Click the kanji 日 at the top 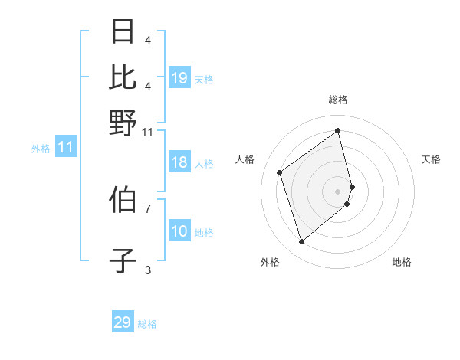(123, 32)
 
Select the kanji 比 (123, 77)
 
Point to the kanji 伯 (123, 201)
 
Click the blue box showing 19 (179, 78)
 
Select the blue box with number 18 (179, 162)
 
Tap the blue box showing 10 (179, 231)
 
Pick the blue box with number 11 (65, 148)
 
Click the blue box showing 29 (123, 322)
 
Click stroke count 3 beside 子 (147, 270)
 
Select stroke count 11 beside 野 (147, 132)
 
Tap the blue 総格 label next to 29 (147, 324)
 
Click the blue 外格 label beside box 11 (40, 149)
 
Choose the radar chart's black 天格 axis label (431, 159)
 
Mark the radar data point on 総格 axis (337, 130)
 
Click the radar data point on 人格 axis (280, 172)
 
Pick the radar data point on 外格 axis (301, 242)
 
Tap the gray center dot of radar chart (338, 191)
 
